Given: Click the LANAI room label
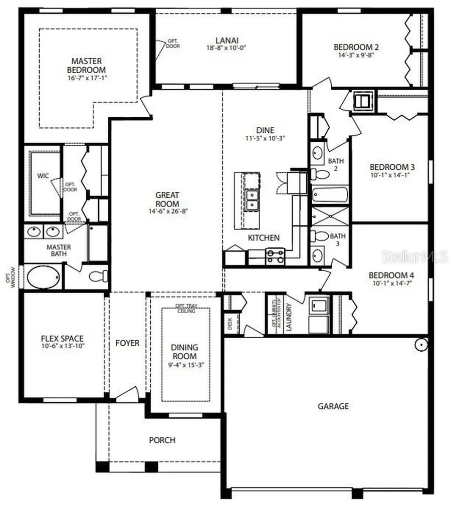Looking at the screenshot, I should pos(227,40).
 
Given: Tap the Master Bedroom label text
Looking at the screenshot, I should pos(88,66).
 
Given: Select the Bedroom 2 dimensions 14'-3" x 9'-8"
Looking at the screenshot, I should pos(356,56).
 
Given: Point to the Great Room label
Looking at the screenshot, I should pos(167,199).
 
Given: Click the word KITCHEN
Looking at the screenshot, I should pos(264,238).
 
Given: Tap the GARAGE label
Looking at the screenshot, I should pos(333,406).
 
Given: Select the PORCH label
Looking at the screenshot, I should pos(162,440).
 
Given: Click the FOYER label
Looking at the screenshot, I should pos(127,343).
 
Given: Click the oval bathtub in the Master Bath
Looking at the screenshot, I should pos(43,277).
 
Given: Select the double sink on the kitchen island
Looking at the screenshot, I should pos(252,199).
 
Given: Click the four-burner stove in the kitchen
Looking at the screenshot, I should pos(274,256).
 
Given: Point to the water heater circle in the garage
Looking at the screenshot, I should pos(421,345).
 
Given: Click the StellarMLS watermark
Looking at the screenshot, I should pos(414,258).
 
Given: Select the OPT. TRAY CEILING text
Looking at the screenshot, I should pos(185,308).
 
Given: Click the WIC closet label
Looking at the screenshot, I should pos(43,176).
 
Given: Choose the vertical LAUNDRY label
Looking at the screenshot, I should pos(289,318).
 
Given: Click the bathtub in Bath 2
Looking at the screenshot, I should pos(329,194).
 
